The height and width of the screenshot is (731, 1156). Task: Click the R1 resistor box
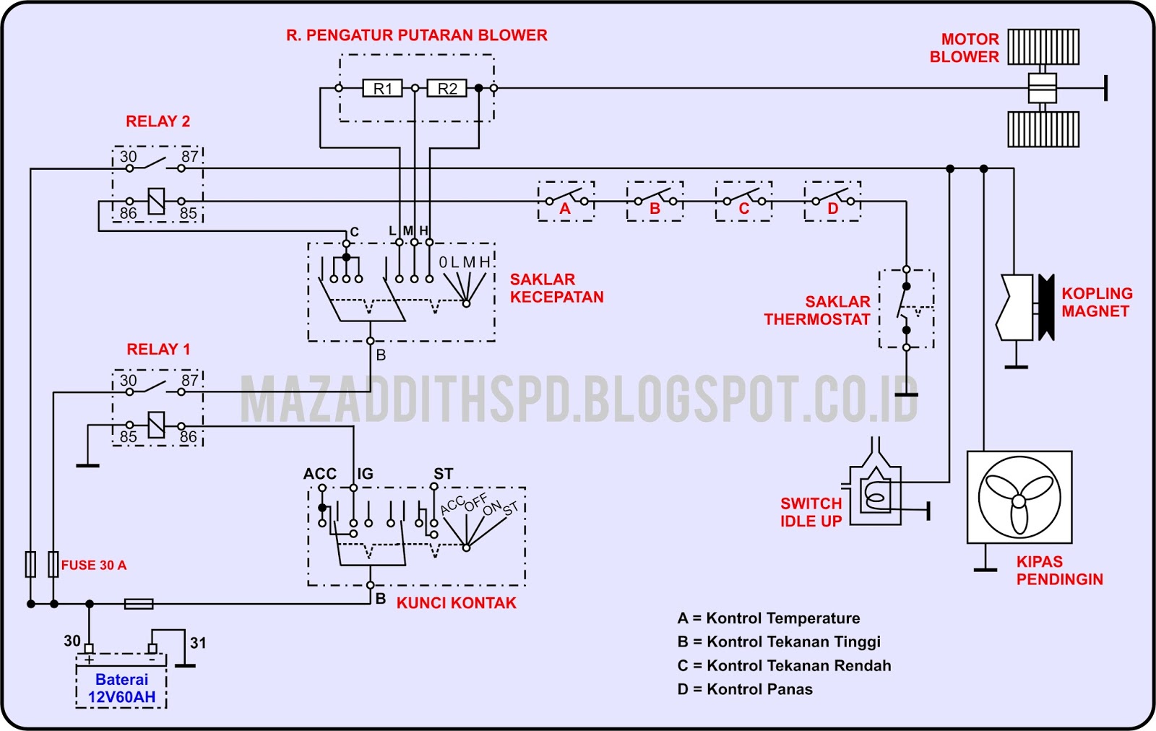coord(382,89)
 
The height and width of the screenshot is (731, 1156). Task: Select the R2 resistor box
coord(447,89)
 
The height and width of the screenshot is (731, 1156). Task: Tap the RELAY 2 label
coord(158,121)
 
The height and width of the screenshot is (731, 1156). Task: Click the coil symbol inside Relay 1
coord(156,425)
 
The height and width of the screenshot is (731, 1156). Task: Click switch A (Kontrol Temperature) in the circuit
coord(566,201)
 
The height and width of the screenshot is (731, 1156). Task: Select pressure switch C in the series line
coord(743,201)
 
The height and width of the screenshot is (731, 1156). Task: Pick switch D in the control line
coord(832,201)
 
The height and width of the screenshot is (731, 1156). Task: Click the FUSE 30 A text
coord(94,565)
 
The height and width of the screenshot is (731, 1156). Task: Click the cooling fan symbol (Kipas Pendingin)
coord(1019,498)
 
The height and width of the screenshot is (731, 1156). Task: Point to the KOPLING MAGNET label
coord(1096,302)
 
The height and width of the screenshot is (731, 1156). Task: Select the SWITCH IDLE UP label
coord(811,512)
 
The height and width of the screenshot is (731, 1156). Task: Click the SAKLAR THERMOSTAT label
coord(817,311)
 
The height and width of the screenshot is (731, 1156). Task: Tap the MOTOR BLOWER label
coord(964,48)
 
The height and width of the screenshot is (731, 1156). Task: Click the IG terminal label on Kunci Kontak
coord(365,474)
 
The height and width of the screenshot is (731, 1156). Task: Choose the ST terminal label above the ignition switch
coord(443,474)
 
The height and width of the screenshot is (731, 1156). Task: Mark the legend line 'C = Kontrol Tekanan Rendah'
coord(784,665)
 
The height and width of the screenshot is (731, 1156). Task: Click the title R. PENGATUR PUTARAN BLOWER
coord(417,35)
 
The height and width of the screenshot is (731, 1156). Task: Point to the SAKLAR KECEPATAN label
coord(556,288)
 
